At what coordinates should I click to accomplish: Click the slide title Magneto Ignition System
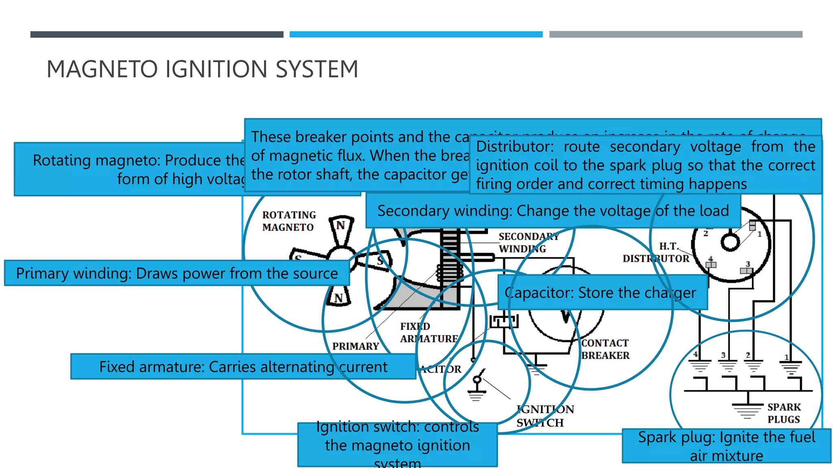(x=202, y=69)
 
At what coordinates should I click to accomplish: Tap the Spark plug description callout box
(x=726, y=446)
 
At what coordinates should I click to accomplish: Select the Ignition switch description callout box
(x=397, y=445)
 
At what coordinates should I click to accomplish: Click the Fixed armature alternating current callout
(x=243, y=367)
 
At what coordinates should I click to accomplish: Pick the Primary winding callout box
(x=177, y=273)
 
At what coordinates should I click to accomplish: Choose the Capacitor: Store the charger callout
(x=602, y=292)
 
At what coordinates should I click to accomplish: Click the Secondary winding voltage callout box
(x=553, y=211)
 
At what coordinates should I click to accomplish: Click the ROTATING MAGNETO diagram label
(x=289, y=221)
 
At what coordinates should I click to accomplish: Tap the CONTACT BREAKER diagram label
(x=605, y=349)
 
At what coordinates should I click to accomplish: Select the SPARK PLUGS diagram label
(x=784, y=413)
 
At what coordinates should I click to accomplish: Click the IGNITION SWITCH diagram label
(x=545, y=416)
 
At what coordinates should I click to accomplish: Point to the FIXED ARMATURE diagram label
(x=428, y=333)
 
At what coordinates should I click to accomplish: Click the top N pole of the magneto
(x=341, y=226)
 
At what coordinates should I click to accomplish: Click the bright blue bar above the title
(x=416, y=35)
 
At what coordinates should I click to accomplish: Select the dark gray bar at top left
(x=157, y=35)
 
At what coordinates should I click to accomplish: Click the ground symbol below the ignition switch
(x=476, y=395)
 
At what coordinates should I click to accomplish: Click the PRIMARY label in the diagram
(x=355, y=346)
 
